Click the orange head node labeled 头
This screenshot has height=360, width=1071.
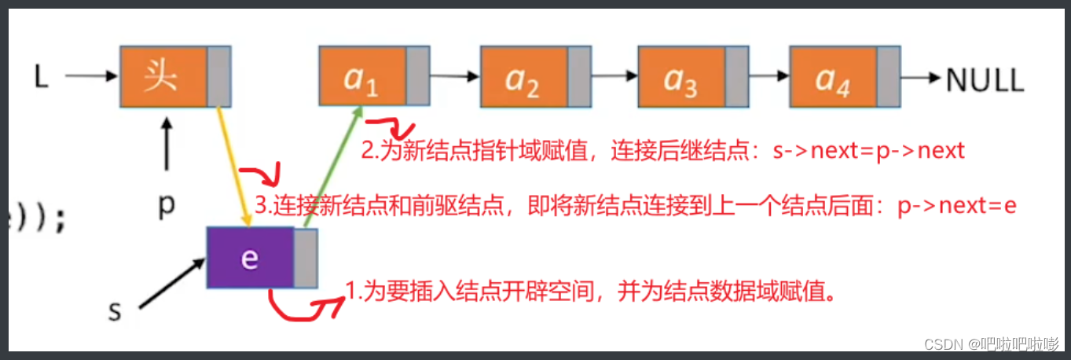[x=163, y=75]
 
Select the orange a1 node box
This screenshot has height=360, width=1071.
[x=362, y=75]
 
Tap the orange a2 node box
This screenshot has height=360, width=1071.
[x=523, y=77]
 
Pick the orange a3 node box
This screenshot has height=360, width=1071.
[x=680, y=77]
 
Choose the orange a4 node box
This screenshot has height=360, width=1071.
[x=833, y=77]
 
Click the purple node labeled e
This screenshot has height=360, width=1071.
[x=250, y=258]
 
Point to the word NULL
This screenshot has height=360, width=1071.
[x=985, y=79]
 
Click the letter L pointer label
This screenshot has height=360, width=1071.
[x=42, y=76]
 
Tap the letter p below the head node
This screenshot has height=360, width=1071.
[x=166, y=206]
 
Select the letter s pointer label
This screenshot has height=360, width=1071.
[x=115, y=311]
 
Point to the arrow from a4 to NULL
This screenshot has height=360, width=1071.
[x=920, y=77]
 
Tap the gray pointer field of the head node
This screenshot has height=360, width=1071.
[x=218, y=75]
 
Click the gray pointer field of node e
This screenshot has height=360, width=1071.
[x=306, y=258]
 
